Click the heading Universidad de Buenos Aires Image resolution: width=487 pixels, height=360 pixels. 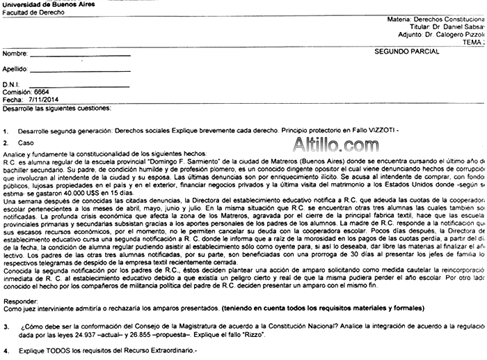46,4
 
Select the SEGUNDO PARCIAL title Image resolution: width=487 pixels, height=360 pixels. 406,52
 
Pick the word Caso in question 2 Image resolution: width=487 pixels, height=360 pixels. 26,143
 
